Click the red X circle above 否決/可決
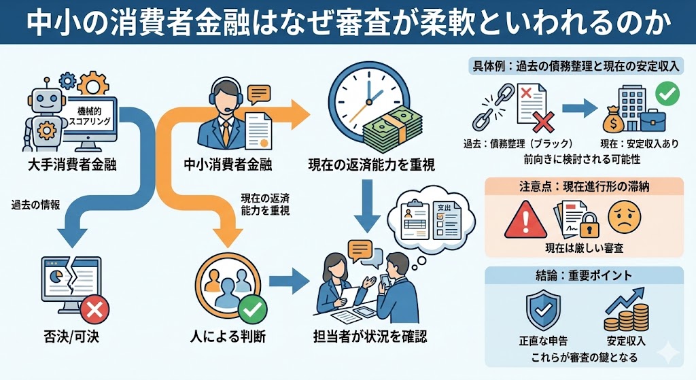click(94, 310)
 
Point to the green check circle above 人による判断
click(252, 310)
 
